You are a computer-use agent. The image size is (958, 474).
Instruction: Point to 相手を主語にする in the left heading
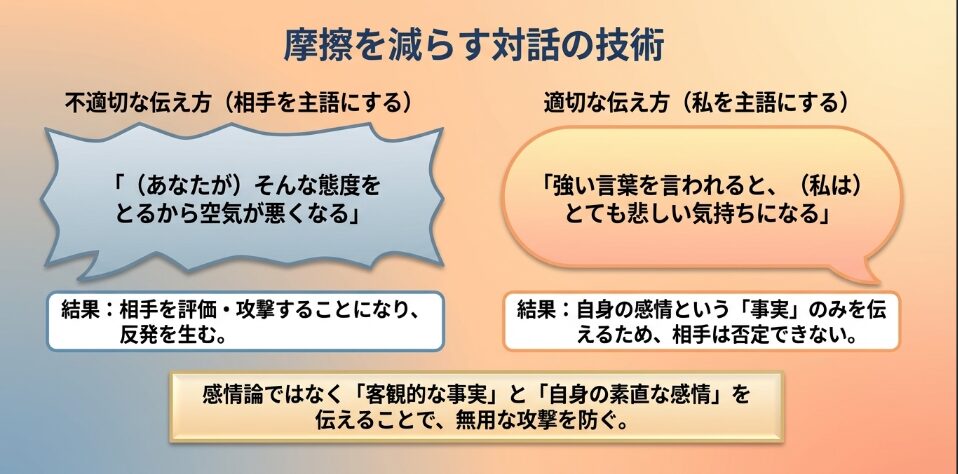point(317,102)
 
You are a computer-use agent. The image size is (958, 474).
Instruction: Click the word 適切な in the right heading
point(576,102)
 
